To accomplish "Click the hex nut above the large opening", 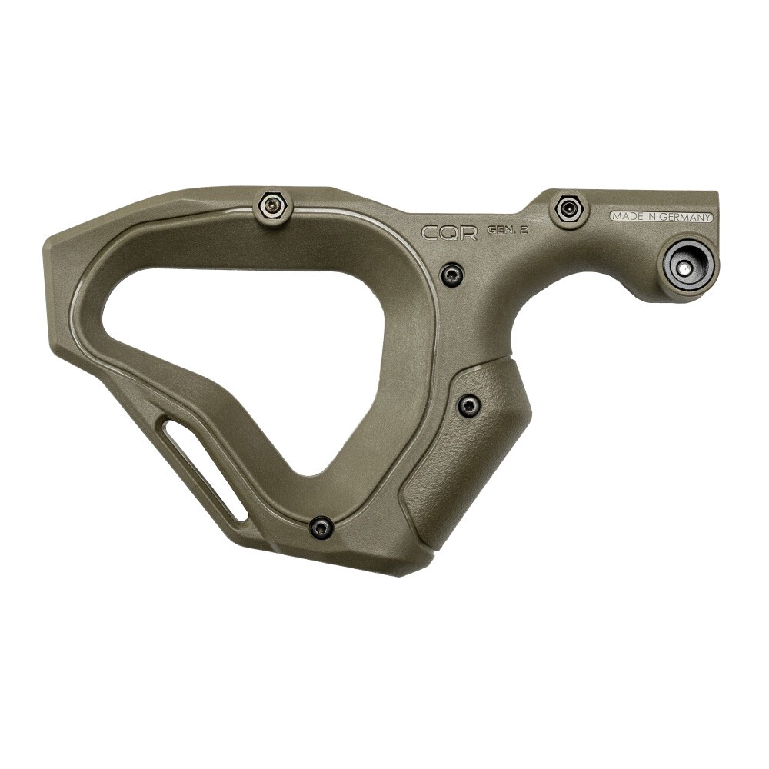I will pos(272,205).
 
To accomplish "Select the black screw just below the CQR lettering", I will pos(452,274).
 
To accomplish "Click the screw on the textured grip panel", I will pos(468,405).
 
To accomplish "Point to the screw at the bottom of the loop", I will pos(321,528).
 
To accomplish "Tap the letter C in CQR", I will pos(431,232).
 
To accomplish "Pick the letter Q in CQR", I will pos(450,232).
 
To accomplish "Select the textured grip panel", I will pos(469,454).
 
